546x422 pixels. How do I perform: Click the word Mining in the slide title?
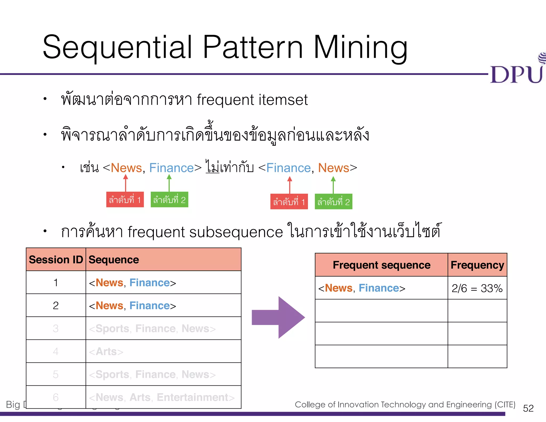(x=360, y=48)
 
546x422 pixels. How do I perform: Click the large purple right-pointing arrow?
(x=278, y=317)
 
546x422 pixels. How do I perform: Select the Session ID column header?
(x=56, y=260)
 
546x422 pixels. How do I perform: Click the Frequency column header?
(x=477, y=265)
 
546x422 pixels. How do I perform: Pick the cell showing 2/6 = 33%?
(x=477, y=288)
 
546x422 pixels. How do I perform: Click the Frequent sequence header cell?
(x=382, y=265)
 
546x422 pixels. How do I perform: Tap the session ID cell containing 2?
(x=56, y=305)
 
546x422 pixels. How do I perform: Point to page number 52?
(x=528, y=408)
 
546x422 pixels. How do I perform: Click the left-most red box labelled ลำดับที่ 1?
(x=125, y=200)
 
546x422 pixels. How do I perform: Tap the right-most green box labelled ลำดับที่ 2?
(x=333, y=202)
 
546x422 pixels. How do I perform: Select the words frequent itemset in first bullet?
(x=252, y=100)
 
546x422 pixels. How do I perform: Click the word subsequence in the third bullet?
(x=236, y=232)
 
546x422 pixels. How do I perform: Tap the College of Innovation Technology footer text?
(x=405, y=404)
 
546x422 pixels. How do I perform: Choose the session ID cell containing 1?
(x=56, y=282)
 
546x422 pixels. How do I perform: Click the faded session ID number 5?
(x=56, y=374)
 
